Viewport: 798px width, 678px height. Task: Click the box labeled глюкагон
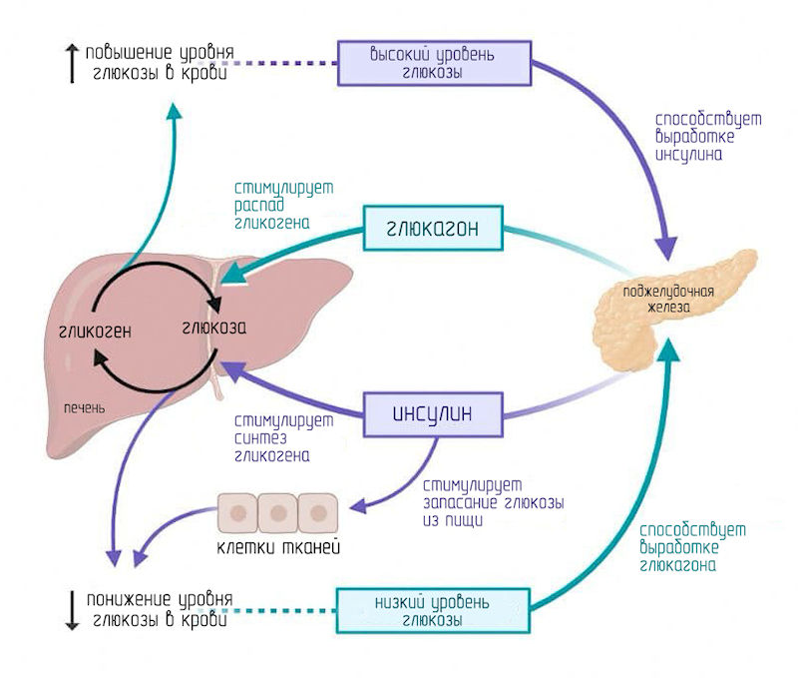432,229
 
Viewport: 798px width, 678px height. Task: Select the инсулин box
431,411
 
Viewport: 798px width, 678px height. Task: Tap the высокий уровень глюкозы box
432,62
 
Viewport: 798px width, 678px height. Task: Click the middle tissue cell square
278,512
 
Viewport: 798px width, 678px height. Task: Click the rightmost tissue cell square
318,512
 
